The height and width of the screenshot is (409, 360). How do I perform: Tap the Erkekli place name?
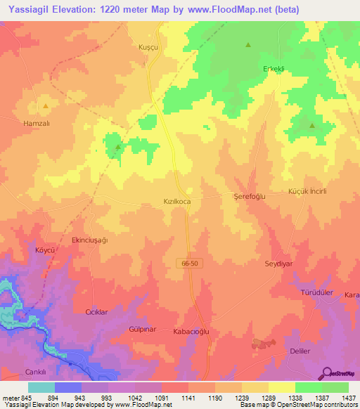(292, 69)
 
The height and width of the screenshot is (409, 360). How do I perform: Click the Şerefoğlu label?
(249, 197)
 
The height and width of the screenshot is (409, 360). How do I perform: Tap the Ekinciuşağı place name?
(89, 240)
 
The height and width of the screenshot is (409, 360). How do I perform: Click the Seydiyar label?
(278, 264)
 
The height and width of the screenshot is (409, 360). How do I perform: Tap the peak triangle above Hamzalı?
(46, 106)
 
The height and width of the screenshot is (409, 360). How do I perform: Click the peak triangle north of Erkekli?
(248, 45)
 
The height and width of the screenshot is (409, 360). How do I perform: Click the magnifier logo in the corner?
(327, 372)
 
